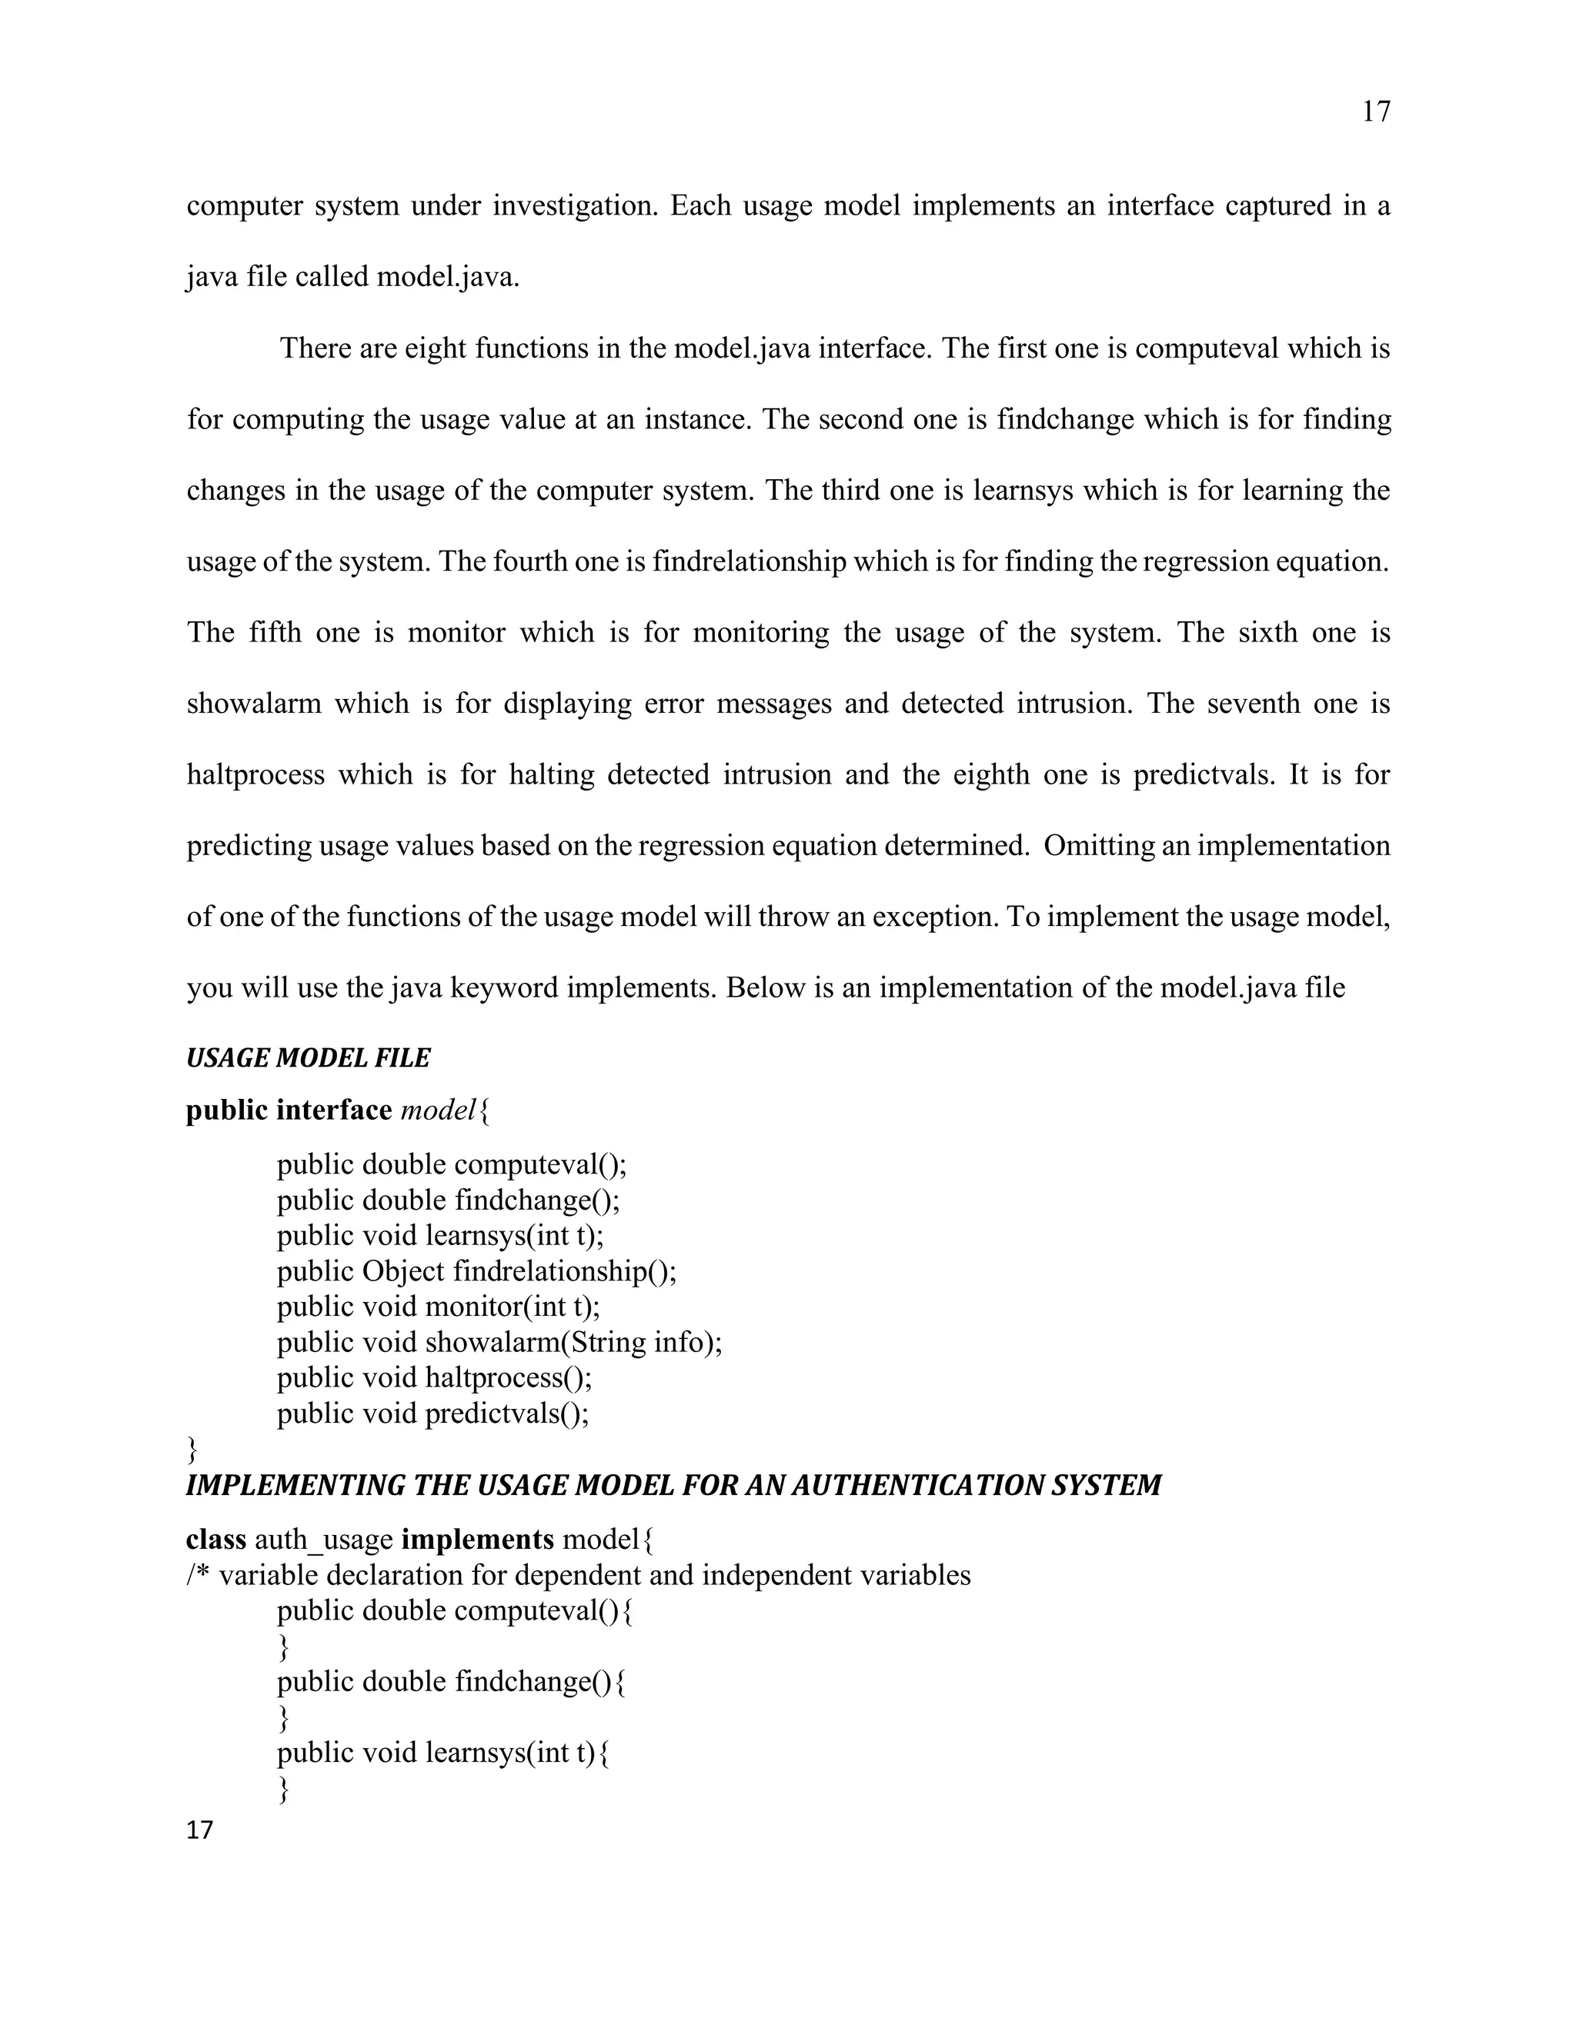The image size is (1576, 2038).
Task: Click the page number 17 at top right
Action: (x=1375, y=112)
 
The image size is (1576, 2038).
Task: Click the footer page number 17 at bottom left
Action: (x=200, y=1830)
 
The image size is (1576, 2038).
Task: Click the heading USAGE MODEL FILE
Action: (x=308, y=1058)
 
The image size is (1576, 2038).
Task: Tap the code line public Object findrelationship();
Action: (x=476, y=1271)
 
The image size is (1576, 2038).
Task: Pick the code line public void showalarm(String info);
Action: (x=499, y=1342)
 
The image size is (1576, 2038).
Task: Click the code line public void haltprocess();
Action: (x=434, y=1377)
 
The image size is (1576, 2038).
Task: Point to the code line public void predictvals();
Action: (x=433, y=1414)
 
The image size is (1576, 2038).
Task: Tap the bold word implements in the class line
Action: (x=477, y=1539)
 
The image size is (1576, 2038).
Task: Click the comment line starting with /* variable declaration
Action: (x=579, y=1575)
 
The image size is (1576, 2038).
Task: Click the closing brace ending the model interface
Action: (x=192, y=1449)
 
